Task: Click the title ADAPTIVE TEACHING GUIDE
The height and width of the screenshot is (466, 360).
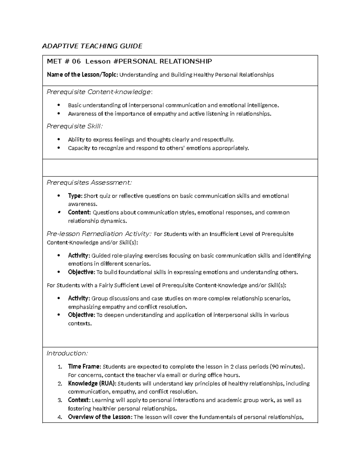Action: tap(92, 46)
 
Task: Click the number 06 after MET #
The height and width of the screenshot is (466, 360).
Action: tap(76, 62)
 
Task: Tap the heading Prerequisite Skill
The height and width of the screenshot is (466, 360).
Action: tap(74, 126)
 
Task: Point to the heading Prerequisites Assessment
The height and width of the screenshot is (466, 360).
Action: tap(89, 183)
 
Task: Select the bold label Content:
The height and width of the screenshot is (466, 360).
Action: tap(79, 212)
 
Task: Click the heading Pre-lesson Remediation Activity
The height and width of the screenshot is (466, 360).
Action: tap(99, 234)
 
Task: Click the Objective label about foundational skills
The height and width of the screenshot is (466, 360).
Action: tap(81, 272)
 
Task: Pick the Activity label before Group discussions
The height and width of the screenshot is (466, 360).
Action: tap(79, 298)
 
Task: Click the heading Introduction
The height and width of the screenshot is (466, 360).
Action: tap(67, 353)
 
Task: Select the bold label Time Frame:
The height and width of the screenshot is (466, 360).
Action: tap(85, 367)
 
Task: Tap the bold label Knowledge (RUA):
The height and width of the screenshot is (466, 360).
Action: tap(92, 383)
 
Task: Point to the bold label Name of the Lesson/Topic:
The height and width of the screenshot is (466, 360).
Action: tap(82, 75)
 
